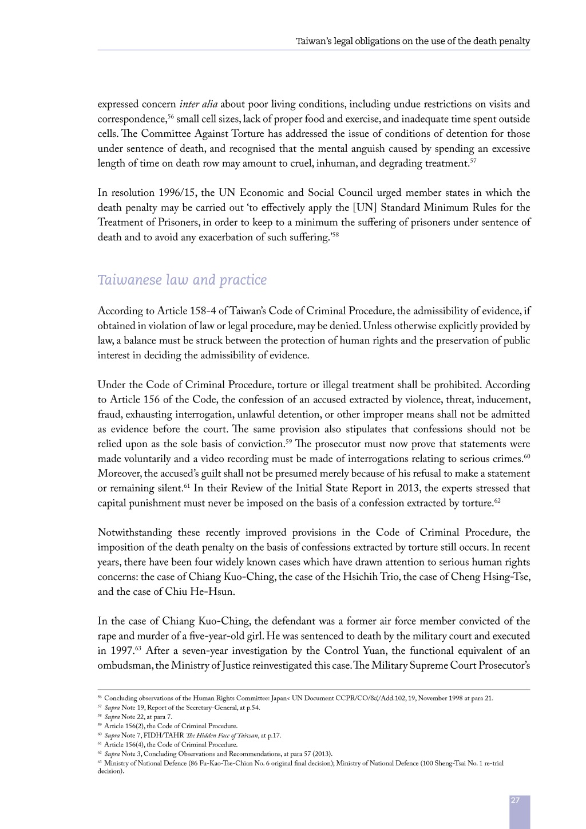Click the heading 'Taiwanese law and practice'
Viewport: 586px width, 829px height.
click(182, 280)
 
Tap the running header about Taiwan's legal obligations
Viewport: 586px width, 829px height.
click(413, 41)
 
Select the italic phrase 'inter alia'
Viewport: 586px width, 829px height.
click(198, 104)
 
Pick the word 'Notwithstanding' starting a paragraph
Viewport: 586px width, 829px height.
click(133, 533)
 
